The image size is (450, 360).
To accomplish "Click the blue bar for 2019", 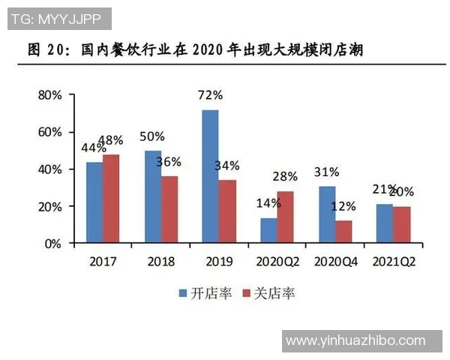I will [x=210, y=176].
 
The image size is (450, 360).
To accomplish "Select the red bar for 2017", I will [x=111, y=199].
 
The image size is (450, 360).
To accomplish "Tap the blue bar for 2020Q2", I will [x=268, y=230].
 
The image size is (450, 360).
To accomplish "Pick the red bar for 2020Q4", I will [x=343, y=232].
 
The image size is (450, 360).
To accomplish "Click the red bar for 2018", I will [x=169, y=209].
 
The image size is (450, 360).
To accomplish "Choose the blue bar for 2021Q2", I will [x=384, y=223].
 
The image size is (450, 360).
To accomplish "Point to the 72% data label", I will [x=211, y=95].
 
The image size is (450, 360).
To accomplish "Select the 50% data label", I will [x=152, y=136].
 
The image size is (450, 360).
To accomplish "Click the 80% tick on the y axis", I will [x=48, y=95].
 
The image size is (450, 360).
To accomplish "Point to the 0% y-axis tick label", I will [x=52, y=244].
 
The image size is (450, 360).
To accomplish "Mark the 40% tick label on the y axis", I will [x=48, y=169].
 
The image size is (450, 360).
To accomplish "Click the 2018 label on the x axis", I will [x=160, y=262].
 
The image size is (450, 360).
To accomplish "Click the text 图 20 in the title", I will [x=45, y=51].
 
